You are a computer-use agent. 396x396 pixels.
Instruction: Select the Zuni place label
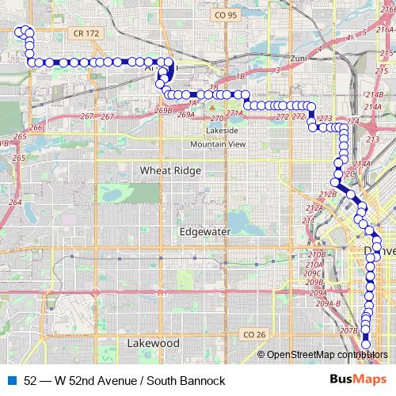[298, 59]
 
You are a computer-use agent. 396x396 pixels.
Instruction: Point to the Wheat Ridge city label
[170, 170]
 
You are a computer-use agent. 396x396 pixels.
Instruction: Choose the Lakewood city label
[153, 344]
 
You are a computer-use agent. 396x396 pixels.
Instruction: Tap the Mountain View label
[217, 144]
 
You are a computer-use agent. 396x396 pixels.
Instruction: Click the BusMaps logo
[363, 381]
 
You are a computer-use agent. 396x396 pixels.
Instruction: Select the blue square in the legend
[12, 381]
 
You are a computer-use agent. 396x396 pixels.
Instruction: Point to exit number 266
[35, 127]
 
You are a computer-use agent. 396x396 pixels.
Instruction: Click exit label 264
[15, 202]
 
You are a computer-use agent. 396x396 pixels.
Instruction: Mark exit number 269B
[164, 110]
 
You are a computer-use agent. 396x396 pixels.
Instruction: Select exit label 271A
[234, 114]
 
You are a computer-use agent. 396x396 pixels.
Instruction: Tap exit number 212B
[327, 193]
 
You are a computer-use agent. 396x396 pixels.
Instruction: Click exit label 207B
[348, 329]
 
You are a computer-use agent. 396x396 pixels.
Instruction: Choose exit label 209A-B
[327, 303]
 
